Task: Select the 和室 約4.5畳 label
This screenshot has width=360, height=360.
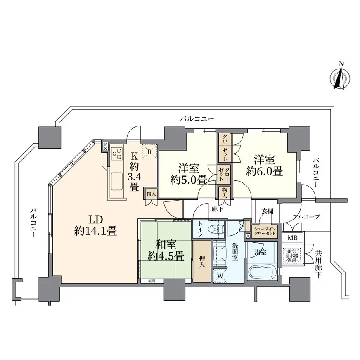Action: [166, 250]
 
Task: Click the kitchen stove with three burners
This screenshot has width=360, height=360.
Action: [117, 153]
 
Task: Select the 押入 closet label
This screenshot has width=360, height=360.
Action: [201, 261]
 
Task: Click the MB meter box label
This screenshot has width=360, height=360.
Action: [292, 238]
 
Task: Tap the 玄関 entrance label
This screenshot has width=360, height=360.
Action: [267, 212]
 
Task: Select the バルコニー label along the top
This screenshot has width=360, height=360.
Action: [197, 119]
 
